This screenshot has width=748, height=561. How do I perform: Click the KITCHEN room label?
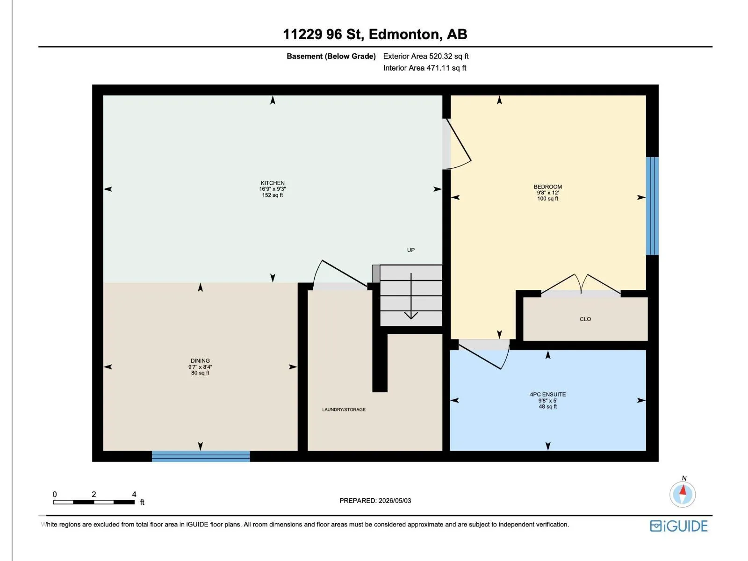(x=272, y=183)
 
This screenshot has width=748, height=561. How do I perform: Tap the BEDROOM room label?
(x=547, y=187)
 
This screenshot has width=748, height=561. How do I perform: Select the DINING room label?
(x=200, y=361)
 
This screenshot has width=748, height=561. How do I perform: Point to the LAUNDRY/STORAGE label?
(x=344, y=410)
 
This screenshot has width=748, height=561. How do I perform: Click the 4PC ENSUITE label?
(x=547, y=395)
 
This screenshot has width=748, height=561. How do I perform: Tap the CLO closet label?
(x=585, y=319)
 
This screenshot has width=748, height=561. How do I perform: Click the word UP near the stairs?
(x=410, y=250)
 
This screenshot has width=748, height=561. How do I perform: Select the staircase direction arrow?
(x=411, y=296)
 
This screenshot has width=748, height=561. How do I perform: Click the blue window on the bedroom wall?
(x=652, y=206)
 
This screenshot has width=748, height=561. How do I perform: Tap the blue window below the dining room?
(x=201, y=456)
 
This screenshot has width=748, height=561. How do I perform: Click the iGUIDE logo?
(x=678, y=526)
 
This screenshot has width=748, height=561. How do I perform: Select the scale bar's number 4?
(x=134, y=494)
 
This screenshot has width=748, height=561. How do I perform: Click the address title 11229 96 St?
(x=323, y=34)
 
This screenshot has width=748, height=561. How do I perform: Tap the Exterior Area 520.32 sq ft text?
(x=426, y=56)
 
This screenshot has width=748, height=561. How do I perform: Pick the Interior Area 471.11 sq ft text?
(x=424, y=68)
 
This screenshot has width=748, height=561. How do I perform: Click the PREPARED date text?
(x=375, y=501)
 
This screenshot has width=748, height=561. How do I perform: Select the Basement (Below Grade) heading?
(x=331, y=56)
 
